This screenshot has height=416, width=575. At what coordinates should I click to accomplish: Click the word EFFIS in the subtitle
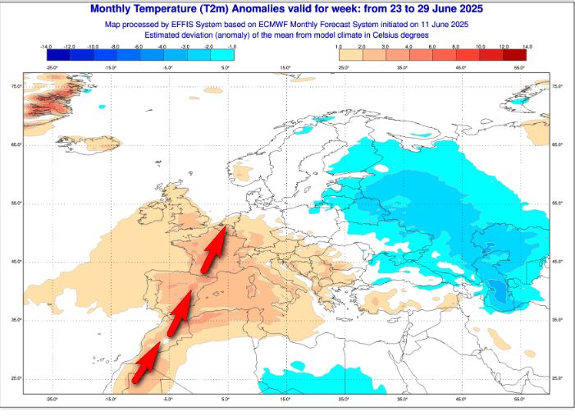pos(194,25)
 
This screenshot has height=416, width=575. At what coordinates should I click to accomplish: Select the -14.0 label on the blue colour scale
pos(47,47)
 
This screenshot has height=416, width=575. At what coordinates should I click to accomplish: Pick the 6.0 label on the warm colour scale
pos(431,47)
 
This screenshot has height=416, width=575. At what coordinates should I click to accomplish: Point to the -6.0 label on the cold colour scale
pos(139,47)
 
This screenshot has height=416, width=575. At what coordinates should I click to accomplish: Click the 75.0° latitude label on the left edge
pos(16,86)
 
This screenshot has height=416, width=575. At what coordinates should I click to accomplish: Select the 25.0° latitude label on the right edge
pos(559,378)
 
